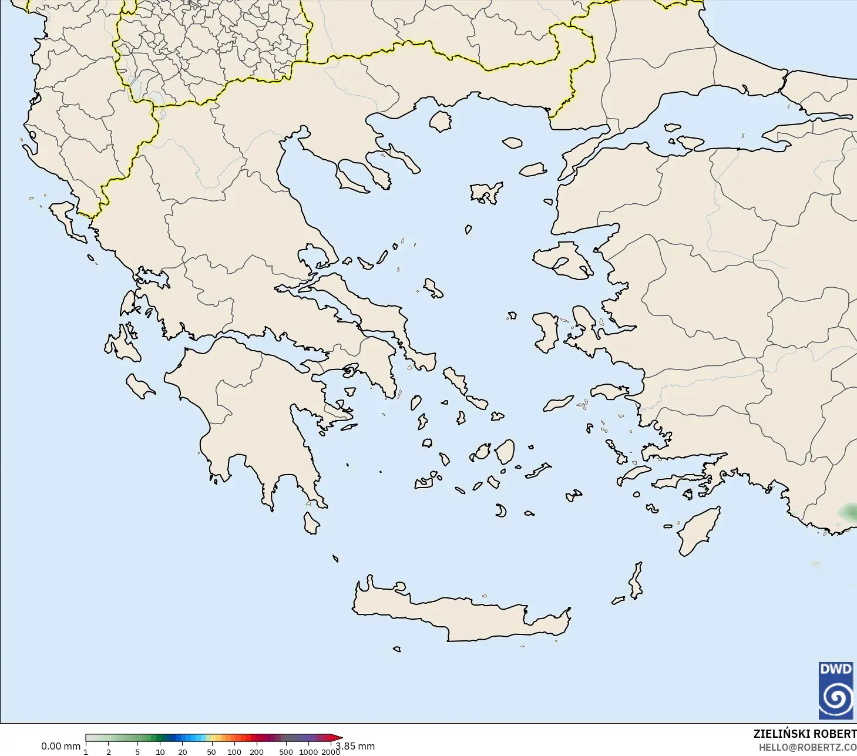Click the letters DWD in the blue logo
(836, 669)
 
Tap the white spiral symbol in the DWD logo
(836, 697)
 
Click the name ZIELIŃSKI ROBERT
(805, 734)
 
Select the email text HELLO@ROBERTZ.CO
(807, 747)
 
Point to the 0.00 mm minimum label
(61, 746)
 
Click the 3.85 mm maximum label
(356, 746)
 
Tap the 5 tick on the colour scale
(137, 752)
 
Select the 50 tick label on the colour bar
(211, 752)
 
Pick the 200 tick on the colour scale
(257, 752)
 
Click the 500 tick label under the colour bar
(286, 752)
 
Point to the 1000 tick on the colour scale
(308, 752)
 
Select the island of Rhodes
(699, 532)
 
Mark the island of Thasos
(440, 121)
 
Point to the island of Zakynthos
(140, 385)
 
